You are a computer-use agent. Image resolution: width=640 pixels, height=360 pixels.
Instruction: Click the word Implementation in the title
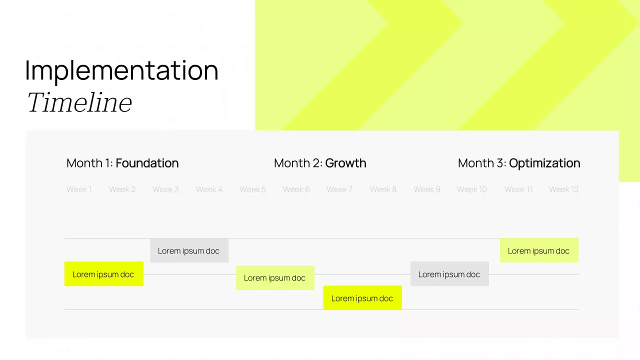121,70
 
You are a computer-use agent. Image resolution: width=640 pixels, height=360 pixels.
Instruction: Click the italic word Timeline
79,103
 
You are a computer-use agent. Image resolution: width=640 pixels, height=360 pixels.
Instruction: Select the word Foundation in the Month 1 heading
147,163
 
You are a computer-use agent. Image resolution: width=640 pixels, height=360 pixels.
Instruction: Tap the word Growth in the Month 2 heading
345,163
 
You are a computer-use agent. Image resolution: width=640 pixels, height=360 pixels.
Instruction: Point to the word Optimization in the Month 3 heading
544,163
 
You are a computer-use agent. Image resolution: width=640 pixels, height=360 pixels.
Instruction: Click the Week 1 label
79,189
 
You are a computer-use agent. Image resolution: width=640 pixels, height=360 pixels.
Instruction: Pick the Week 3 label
165,189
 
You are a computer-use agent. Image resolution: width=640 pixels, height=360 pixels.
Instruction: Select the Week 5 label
252,189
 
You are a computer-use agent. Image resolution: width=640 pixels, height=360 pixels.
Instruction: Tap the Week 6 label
296,189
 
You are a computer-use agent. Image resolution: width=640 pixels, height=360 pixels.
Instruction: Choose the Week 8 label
383,189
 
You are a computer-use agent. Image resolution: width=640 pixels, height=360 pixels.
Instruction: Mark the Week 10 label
471,189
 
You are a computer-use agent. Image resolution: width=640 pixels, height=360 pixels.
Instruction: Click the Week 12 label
563,189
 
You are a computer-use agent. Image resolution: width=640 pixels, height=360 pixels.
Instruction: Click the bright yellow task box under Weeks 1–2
103,274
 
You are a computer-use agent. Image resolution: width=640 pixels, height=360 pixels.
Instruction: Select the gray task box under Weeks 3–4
189,250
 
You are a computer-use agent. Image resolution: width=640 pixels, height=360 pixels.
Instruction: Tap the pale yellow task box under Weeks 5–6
275,278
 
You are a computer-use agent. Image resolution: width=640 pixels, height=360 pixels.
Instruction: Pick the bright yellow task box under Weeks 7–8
362,298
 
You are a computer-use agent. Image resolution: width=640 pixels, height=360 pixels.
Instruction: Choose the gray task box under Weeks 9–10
449,274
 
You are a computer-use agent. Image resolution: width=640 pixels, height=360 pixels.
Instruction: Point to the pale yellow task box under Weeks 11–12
539,250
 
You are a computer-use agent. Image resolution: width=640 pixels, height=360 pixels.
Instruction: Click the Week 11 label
518,189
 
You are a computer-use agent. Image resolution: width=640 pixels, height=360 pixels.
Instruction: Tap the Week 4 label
209,189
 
